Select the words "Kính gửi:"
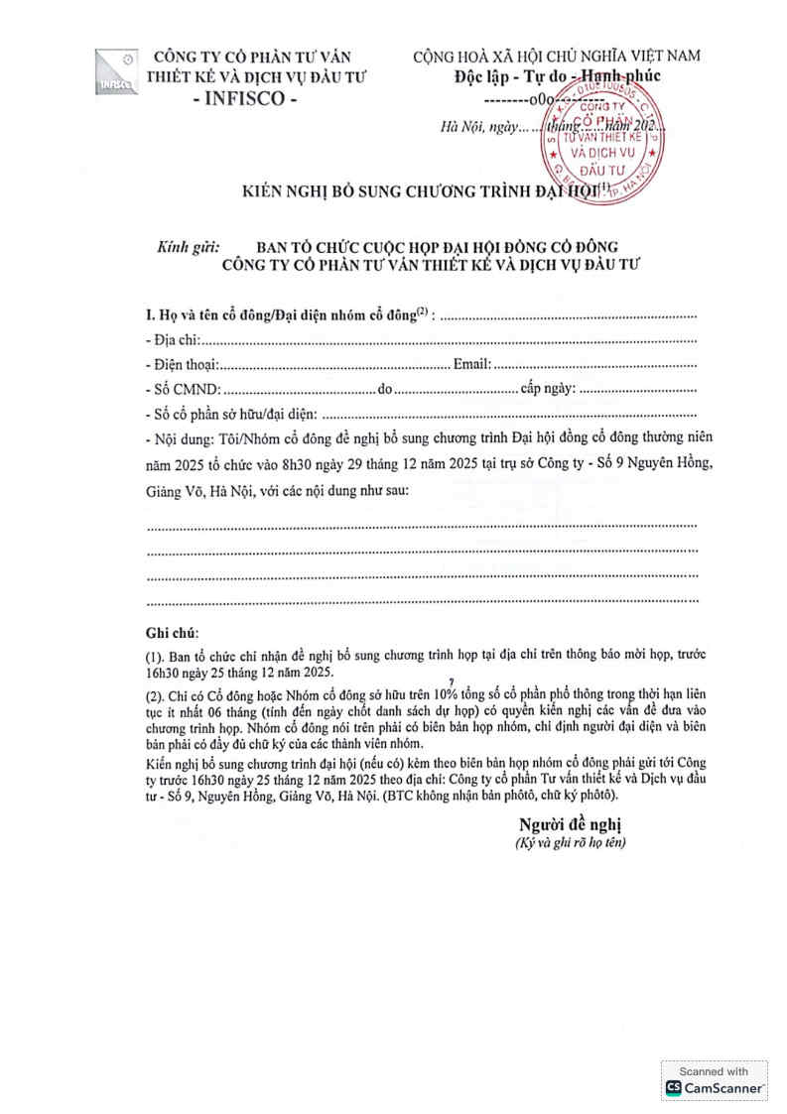coord(191,246)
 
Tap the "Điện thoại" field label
coord(185,365)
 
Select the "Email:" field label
coord(471,365)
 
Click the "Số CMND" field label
coord(184,389)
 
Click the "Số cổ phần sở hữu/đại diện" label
coord(231,414)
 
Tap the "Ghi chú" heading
coord(171,633)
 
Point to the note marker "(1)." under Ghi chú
coord(155,657)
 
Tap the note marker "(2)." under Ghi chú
coord(155,697)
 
